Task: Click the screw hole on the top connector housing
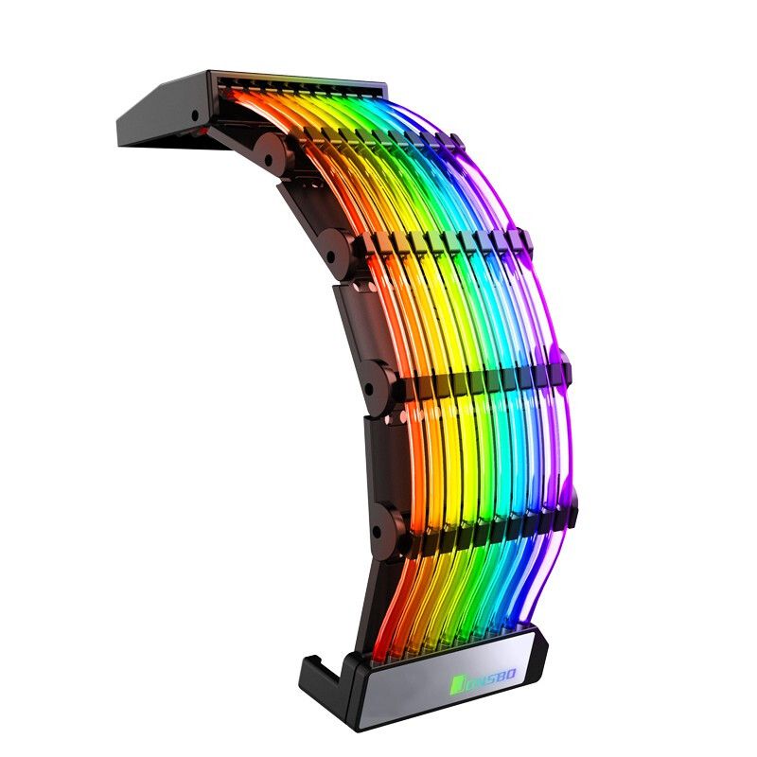[x=195, y=115]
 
